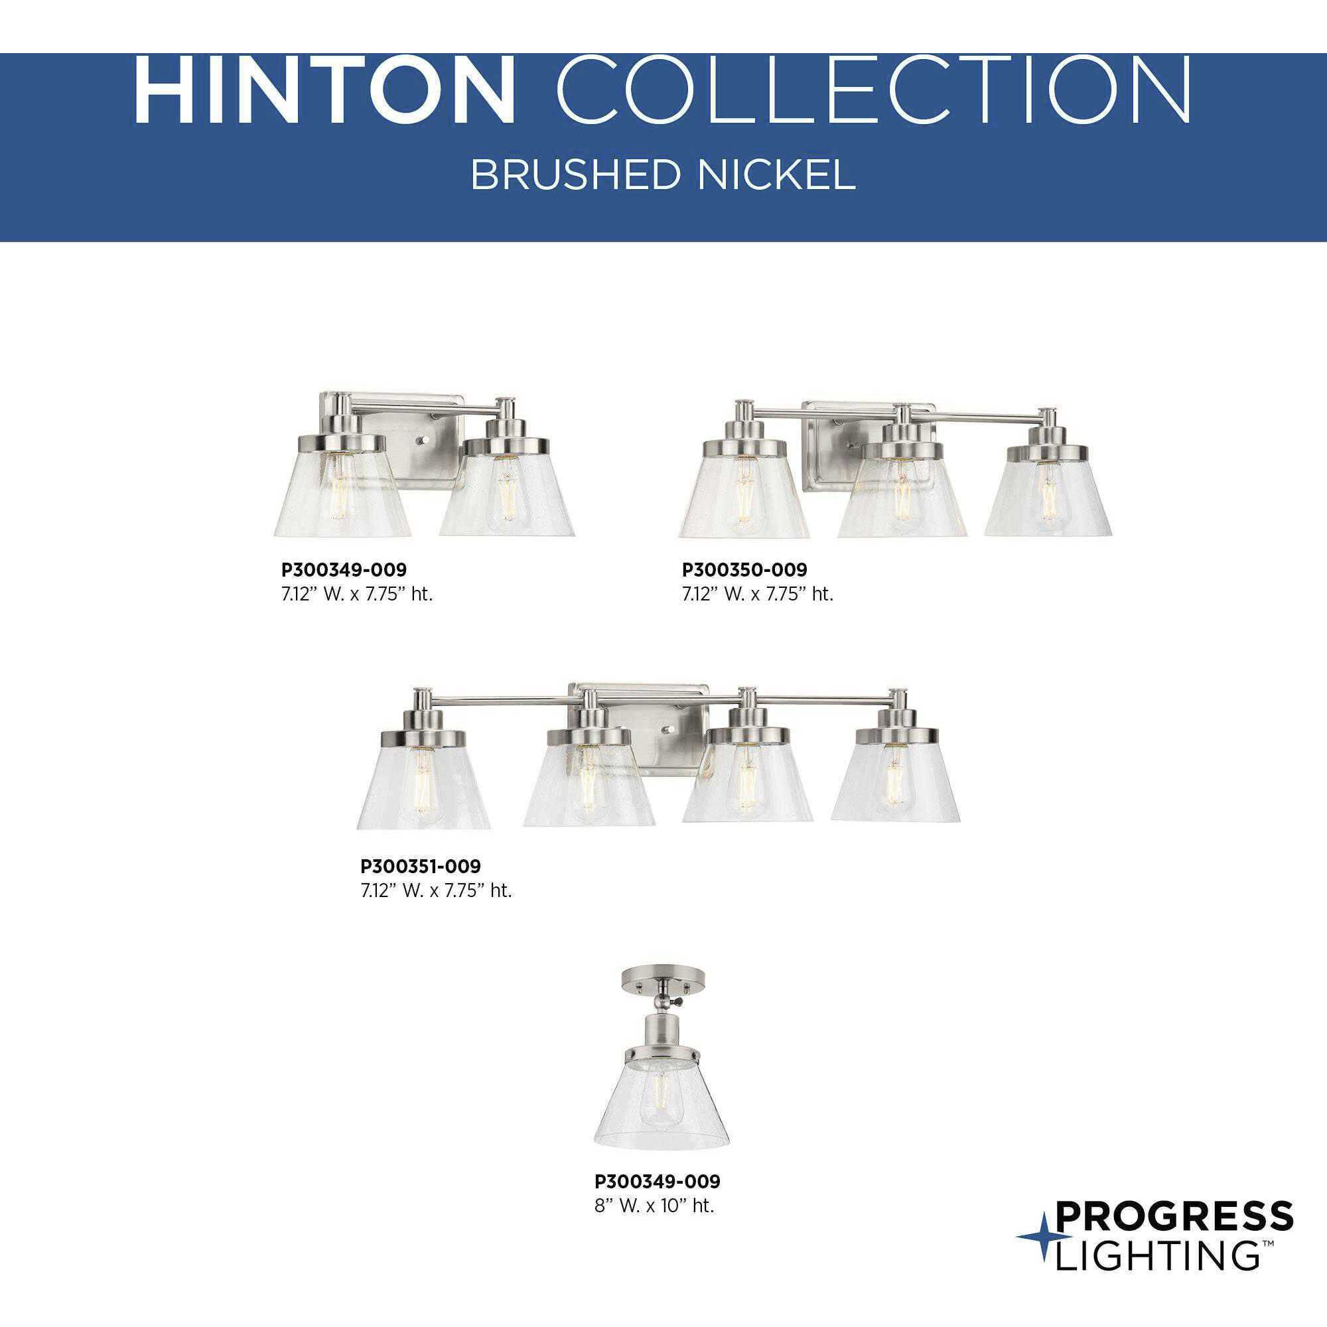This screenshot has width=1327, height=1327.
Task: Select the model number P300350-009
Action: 744,569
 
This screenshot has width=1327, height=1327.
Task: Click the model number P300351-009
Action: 421,866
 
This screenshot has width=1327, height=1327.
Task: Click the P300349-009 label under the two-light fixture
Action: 344,569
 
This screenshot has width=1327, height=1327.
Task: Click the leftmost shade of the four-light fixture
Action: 424,790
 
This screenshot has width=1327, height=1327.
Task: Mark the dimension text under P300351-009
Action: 436,892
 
